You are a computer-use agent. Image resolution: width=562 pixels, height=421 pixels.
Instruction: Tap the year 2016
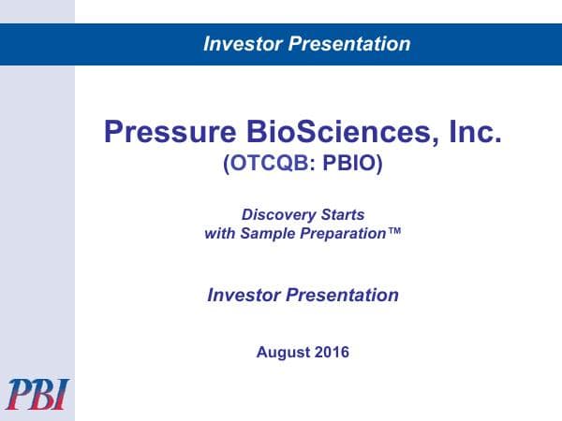pos(332,353)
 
